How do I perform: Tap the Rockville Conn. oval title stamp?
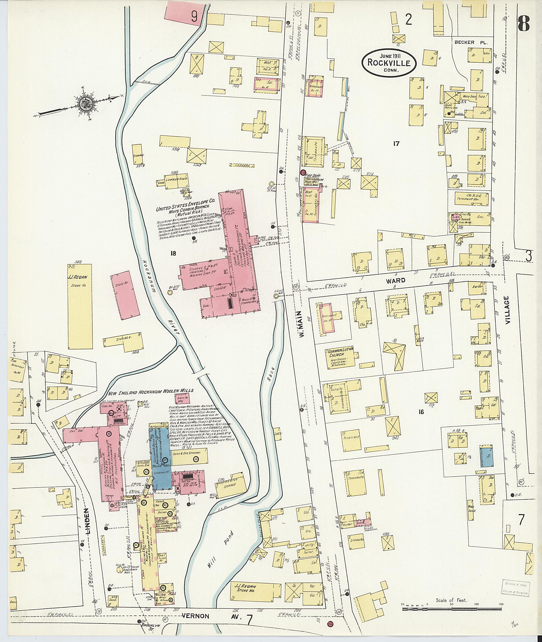389,62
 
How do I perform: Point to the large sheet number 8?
524,23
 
